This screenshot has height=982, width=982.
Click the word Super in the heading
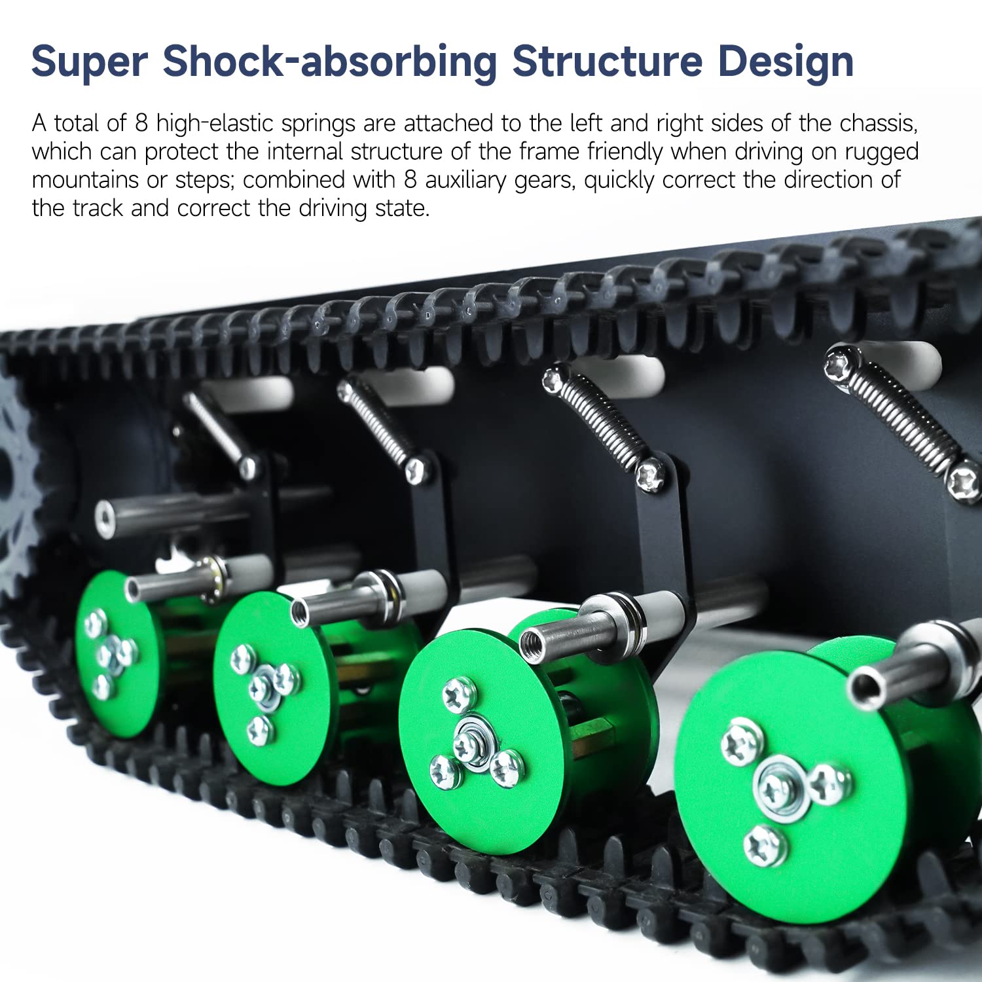coord(90,62)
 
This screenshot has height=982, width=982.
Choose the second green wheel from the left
coord(268,687)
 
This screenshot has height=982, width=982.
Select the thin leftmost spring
coord(216,432)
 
